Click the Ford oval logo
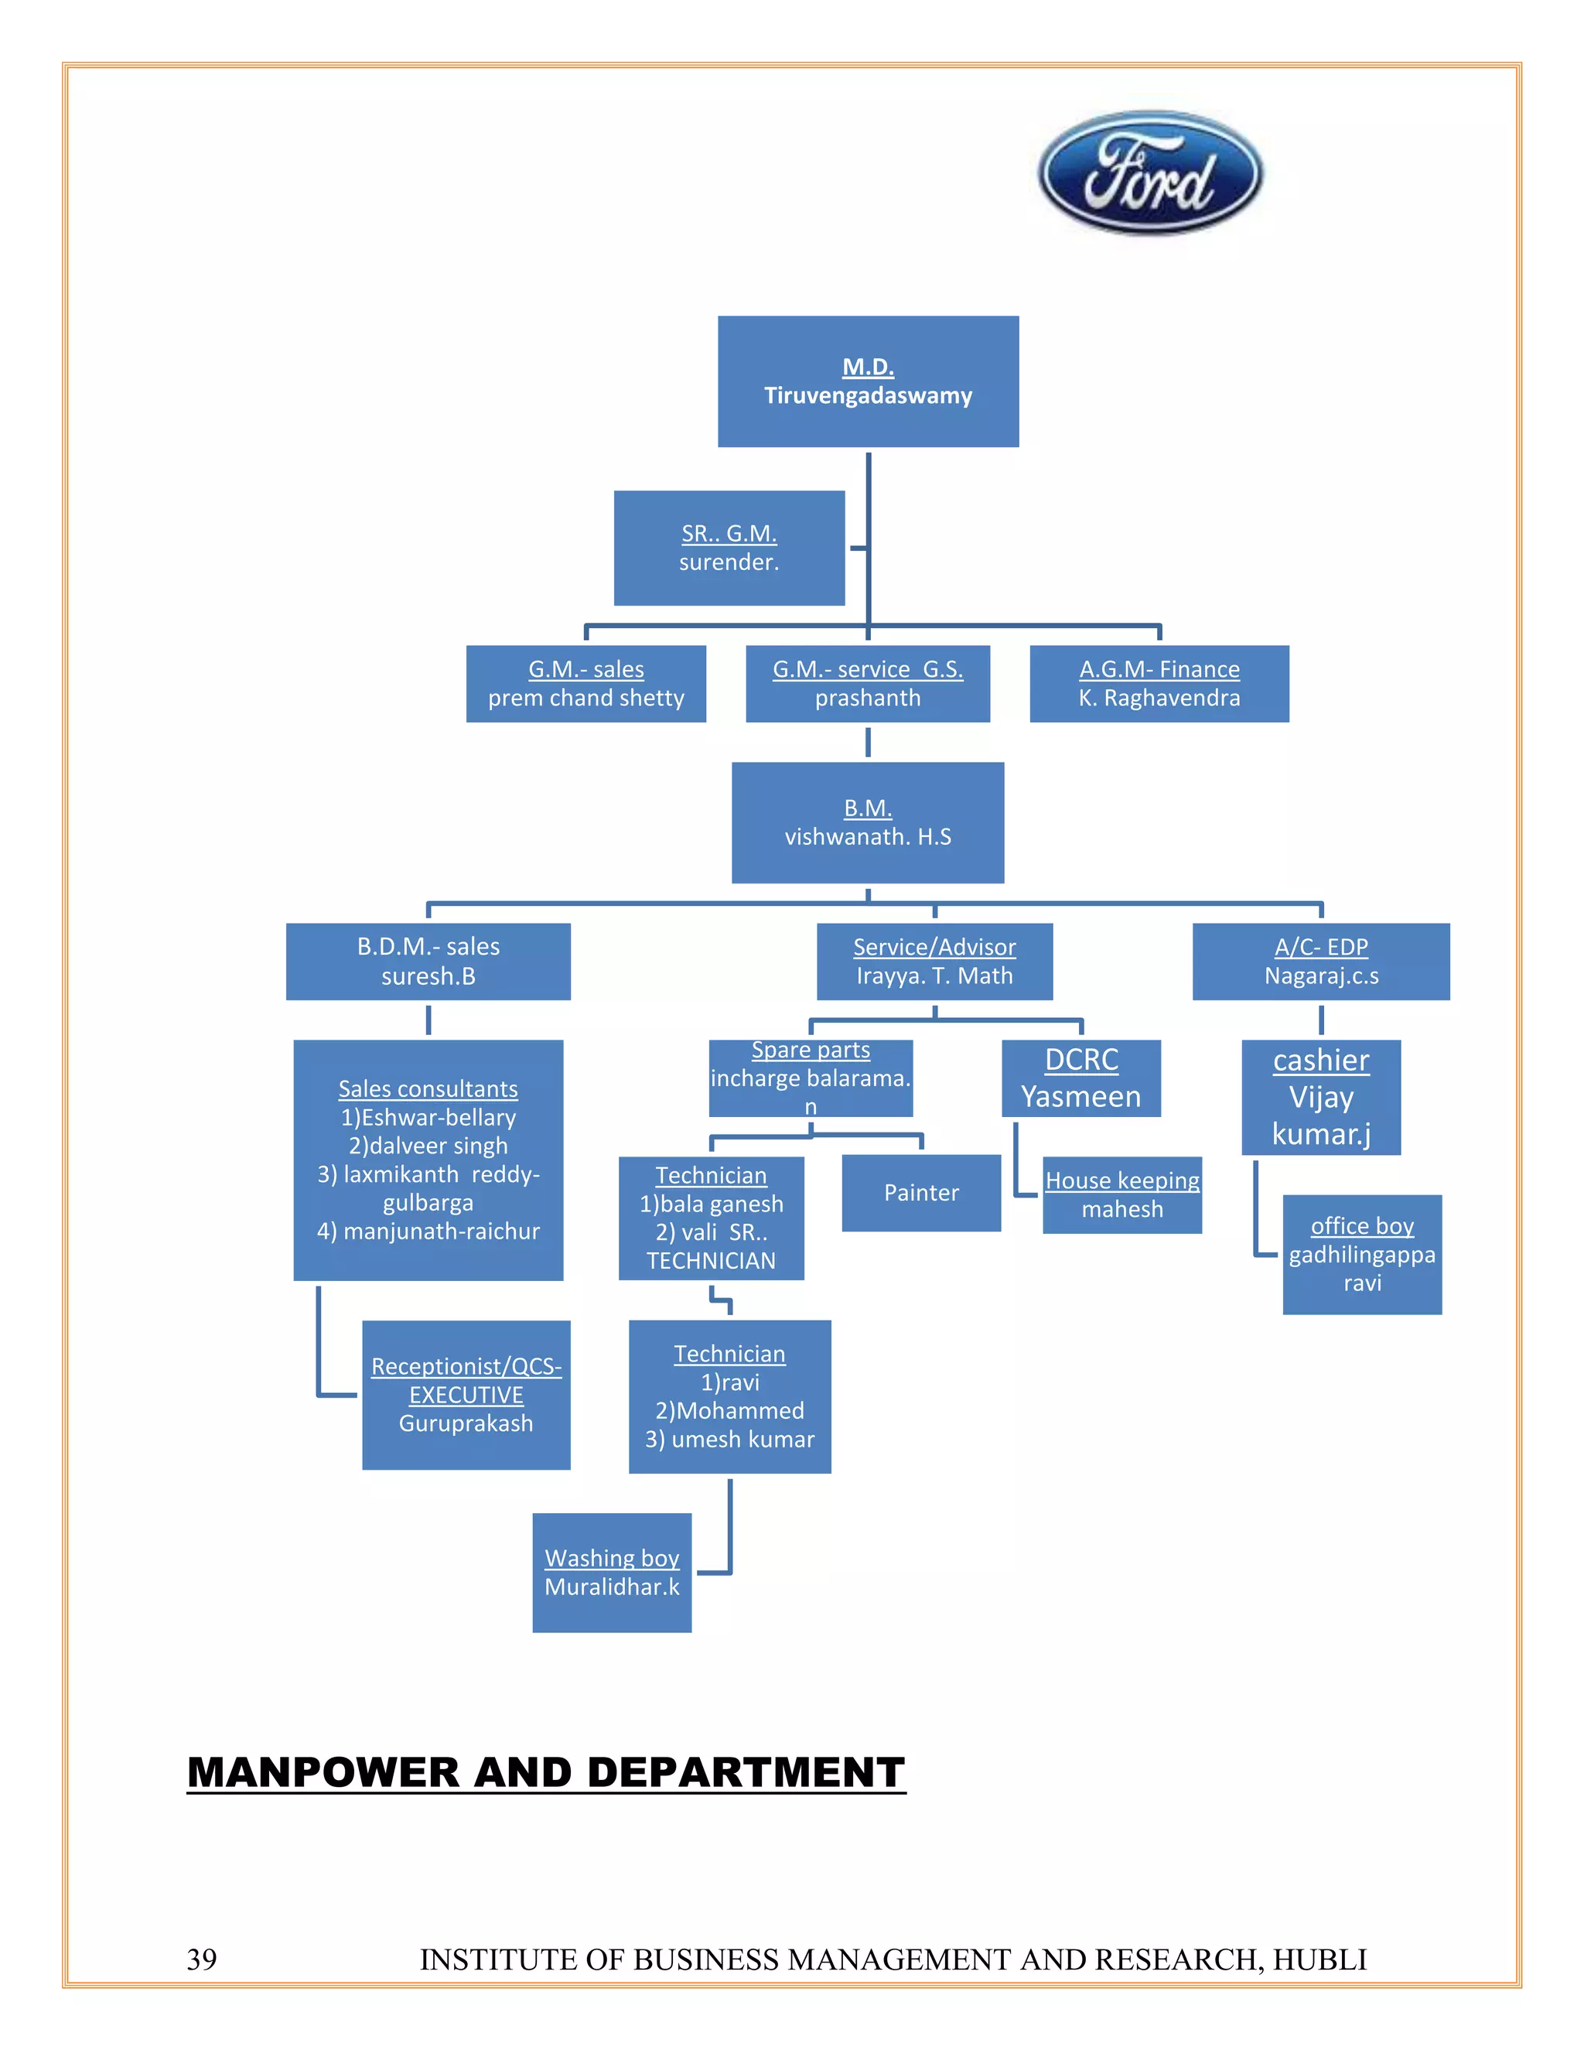(x=1149, y=173)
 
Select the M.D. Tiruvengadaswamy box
(x=868, y=381)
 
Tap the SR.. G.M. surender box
(x=729, y=548)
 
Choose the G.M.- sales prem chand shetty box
(x=585, y=683)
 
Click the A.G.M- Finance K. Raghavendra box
(x=1159, y=683)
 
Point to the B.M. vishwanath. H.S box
(x=868, y=822)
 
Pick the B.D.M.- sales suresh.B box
(x=428, y=961)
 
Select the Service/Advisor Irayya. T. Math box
(x=934, y=961)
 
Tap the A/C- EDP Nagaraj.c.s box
(x=1321, y=961)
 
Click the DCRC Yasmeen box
(x=1081, y=1078)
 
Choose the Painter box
(x=921, y=1193)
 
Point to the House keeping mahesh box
(x=1122, y=1195)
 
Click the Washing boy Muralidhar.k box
(x=612, y=1572)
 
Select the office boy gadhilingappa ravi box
(x=1363, y=1254)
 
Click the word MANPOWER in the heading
(x=324, y=1772)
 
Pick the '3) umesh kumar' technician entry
(x=729, y=1439)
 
